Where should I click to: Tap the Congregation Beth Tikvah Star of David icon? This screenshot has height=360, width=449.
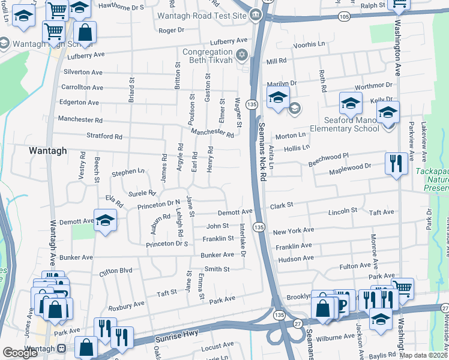click(243, 56)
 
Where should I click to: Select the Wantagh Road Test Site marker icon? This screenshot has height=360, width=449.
click(256, 15)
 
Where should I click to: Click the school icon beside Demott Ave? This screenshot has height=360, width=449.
click(105, 222)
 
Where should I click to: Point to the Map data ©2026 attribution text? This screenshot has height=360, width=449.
click(424, 355)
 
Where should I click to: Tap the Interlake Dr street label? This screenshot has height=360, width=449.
click(243, 240)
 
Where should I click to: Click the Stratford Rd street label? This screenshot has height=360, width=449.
click(104, 136)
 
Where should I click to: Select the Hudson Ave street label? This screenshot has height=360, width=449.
click(296, 258)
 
